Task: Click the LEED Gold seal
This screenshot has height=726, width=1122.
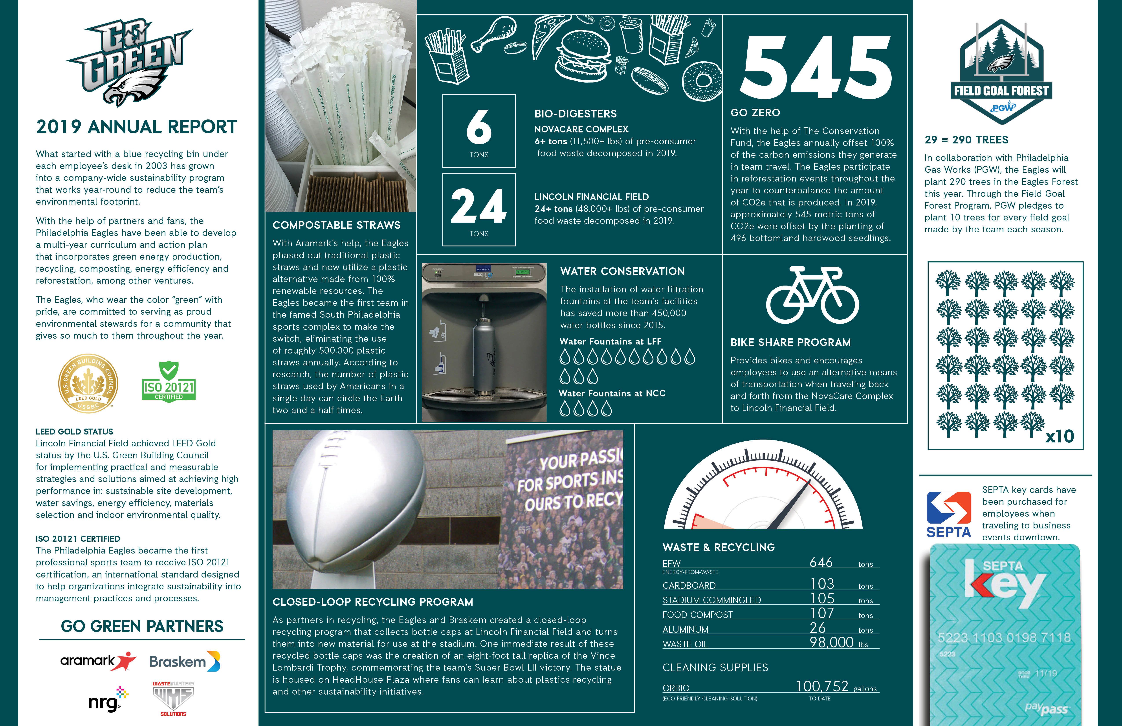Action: click(x=88, y=383)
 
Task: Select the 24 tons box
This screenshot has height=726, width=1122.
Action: click(x=479, y=210)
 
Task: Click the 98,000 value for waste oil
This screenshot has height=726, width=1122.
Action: click(x=832, y=643)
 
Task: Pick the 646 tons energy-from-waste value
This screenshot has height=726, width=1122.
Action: click(x=821, y=562)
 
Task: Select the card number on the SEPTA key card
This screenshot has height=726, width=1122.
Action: click(x=1004, y=638)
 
